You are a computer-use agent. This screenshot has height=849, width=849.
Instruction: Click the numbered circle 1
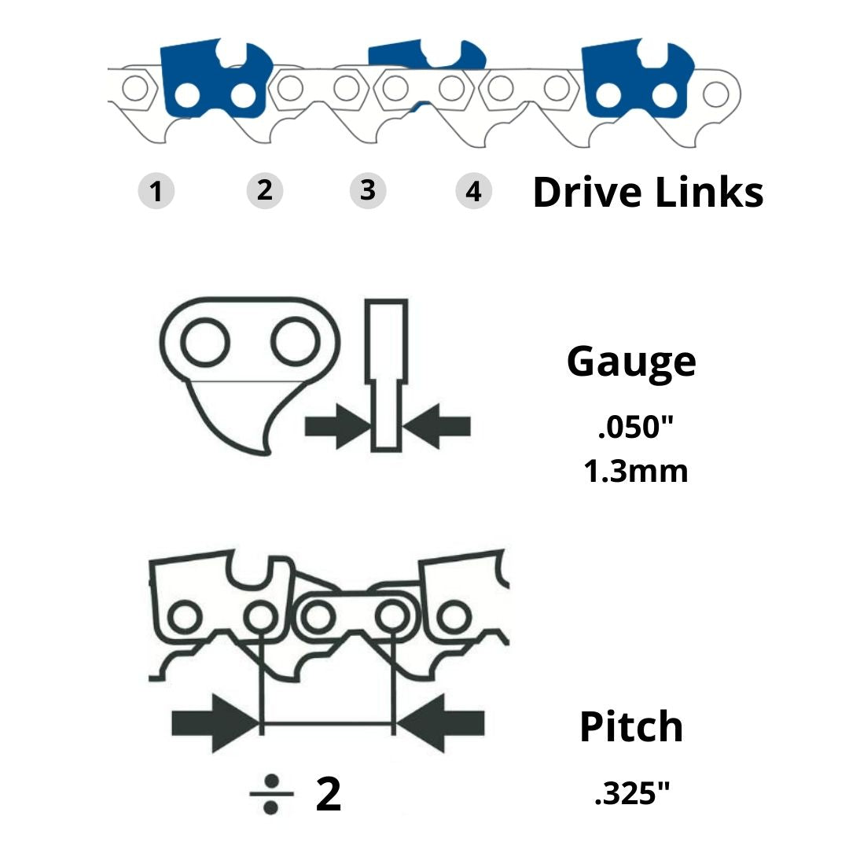pyautogui.click(x=156, y=191)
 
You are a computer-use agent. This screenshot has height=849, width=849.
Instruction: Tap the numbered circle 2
pyautogui.click(x=264, y=190)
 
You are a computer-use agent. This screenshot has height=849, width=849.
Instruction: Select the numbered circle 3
pyautogui.click(x=367, y=190)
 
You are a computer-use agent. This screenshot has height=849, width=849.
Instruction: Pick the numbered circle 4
pyautogui.click(x=473, y=191)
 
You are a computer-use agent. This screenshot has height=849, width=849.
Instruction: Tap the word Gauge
pyautogui.click(x=631, y=361)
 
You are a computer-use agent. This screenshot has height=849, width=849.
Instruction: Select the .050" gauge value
pyautogui.click(x=636, y=430)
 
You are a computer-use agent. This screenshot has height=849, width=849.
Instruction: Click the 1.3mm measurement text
pyautogui.click(x=635, y=472)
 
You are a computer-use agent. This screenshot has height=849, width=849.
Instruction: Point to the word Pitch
pyautogui.click(x=631, y=727)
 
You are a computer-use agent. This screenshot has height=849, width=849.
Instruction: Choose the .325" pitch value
pyautogui.click(x=635, y=795)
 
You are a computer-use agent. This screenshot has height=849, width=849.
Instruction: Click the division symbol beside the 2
pyautogui.click(x=271, y=794)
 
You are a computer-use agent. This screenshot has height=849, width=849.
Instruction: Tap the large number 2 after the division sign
pyautogui.click(x=329, y=794)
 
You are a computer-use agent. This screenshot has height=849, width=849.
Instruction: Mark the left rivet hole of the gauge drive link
pyautogui.click(x=205, y=342)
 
